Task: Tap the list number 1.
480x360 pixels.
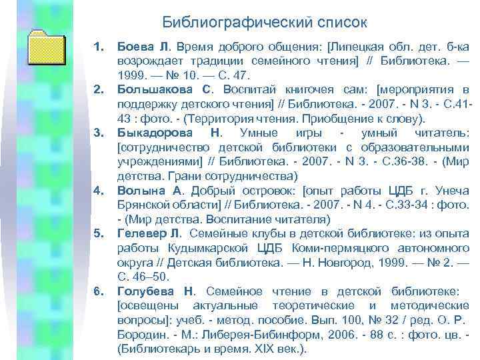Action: (x=99, y=47)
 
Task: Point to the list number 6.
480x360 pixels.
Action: (x=99, y=291)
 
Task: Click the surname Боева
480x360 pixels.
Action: (x=136, y=47)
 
